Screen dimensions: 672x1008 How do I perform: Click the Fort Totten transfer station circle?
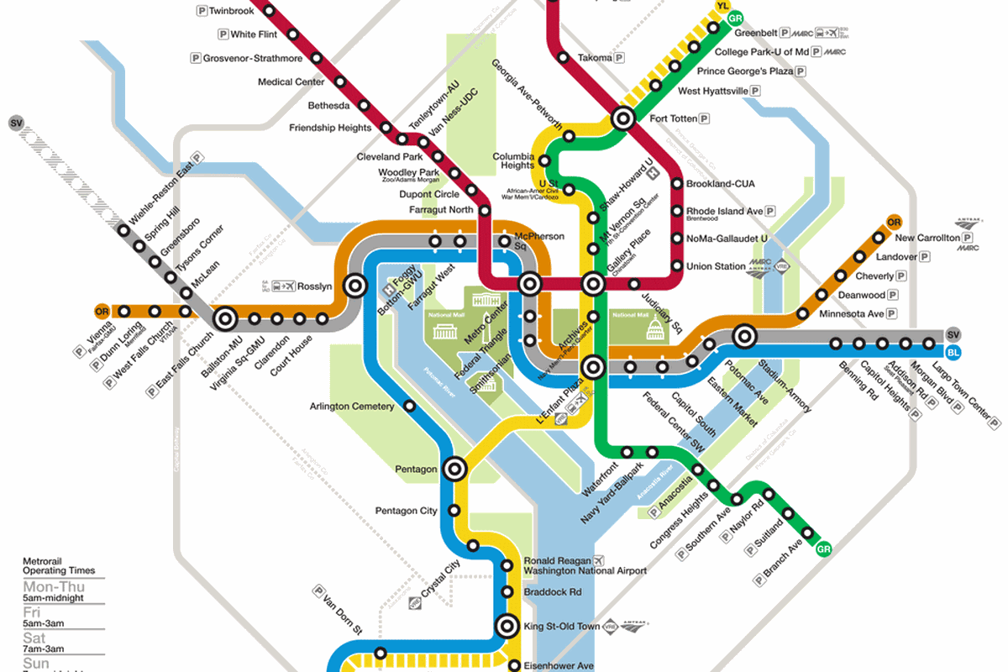pyautogui.click(x=623, y=118)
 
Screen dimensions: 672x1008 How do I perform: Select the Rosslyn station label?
pyautogui.click(x=315, y=286)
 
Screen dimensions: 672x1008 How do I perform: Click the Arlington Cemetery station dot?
pyautogui.click(x=410, y=407)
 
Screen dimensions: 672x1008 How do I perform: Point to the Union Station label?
pyautogui.click(x=716, y=267)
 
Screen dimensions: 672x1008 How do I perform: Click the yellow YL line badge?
pyautogui.click(x=722, y=7)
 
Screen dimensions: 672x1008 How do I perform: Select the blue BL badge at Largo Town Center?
pyautogui.click(x=953, y=352)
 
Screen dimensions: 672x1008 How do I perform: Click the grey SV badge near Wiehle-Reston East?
pyautogui.click(x=16, y=123)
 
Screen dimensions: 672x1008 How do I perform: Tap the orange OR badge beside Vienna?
pyautogui.click(x=102, y=310)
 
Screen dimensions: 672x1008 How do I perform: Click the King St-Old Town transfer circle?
pyautogui.click(x=507, y=626)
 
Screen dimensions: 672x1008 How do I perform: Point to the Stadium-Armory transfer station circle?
pyautogui.click(x=743, y=337)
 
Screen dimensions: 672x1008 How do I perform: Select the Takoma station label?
pyautogui.click(x=595, y=58)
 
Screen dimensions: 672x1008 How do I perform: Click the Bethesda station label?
pyautogui.click(x=328, y=106)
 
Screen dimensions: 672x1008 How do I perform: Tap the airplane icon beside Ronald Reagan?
pyautogui.click(x=598, y=560)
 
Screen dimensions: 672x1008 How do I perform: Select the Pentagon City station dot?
pyautogui.click(x=455, y=510)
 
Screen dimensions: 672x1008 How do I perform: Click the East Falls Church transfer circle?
pyautogui.click(x=225, y=319)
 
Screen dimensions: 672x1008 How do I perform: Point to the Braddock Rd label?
pyautogui.click(x=552, y=592)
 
